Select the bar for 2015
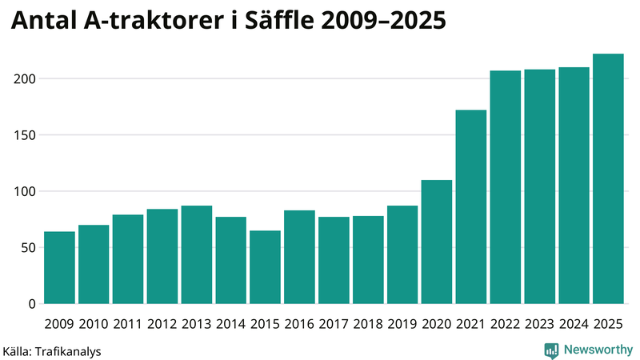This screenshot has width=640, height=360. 265,268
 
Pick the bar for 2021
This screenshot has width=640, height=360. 470,207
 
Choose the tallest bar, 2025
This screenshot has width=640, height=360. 608,179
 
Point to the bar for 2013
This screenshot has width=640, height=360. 196,255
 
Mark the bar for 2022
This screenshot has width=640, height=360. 505,187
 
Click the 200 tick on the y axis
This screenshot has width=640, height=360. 26,79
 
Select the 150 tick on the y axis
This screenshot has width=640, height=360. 26,135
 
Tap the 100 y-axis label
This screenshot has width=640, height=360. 26,191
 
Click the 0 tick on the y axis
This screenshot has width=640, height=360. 33,304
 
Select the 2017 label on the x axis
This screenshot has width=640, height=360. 334,324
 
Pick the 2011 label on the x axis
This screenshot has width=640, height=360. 128,324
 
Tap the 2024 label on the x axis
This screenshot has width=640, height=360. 574,324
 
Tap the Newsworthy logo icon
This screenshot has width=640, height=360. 551,350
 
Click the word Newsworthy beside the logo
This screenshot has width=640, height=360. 598,350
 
